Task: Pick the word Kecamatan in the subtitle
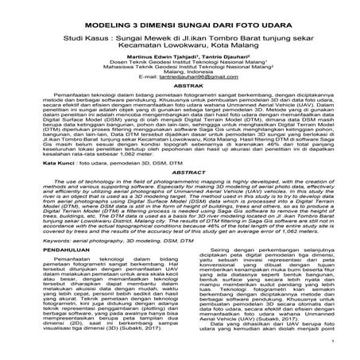141,46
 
